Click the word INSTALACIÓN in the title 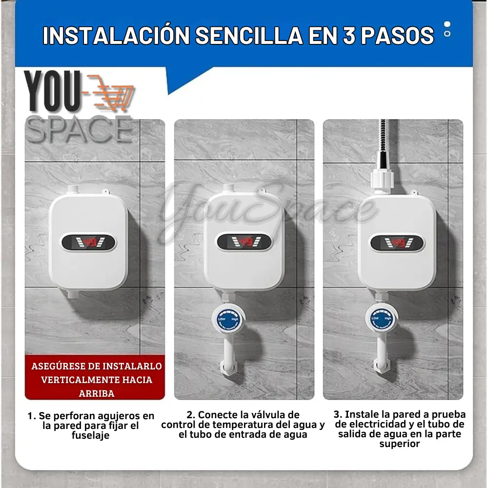116,36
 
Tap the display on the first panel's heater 88,243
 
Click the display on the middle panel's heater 244,242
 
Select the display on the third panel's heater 397,243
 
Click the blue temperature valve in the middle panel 228,320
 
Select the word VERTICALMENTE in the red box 97,380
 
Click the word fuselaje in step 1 91,435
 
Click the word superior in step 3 399,444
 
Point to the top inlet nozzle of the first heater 73,189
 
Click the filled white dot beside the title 447,24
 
